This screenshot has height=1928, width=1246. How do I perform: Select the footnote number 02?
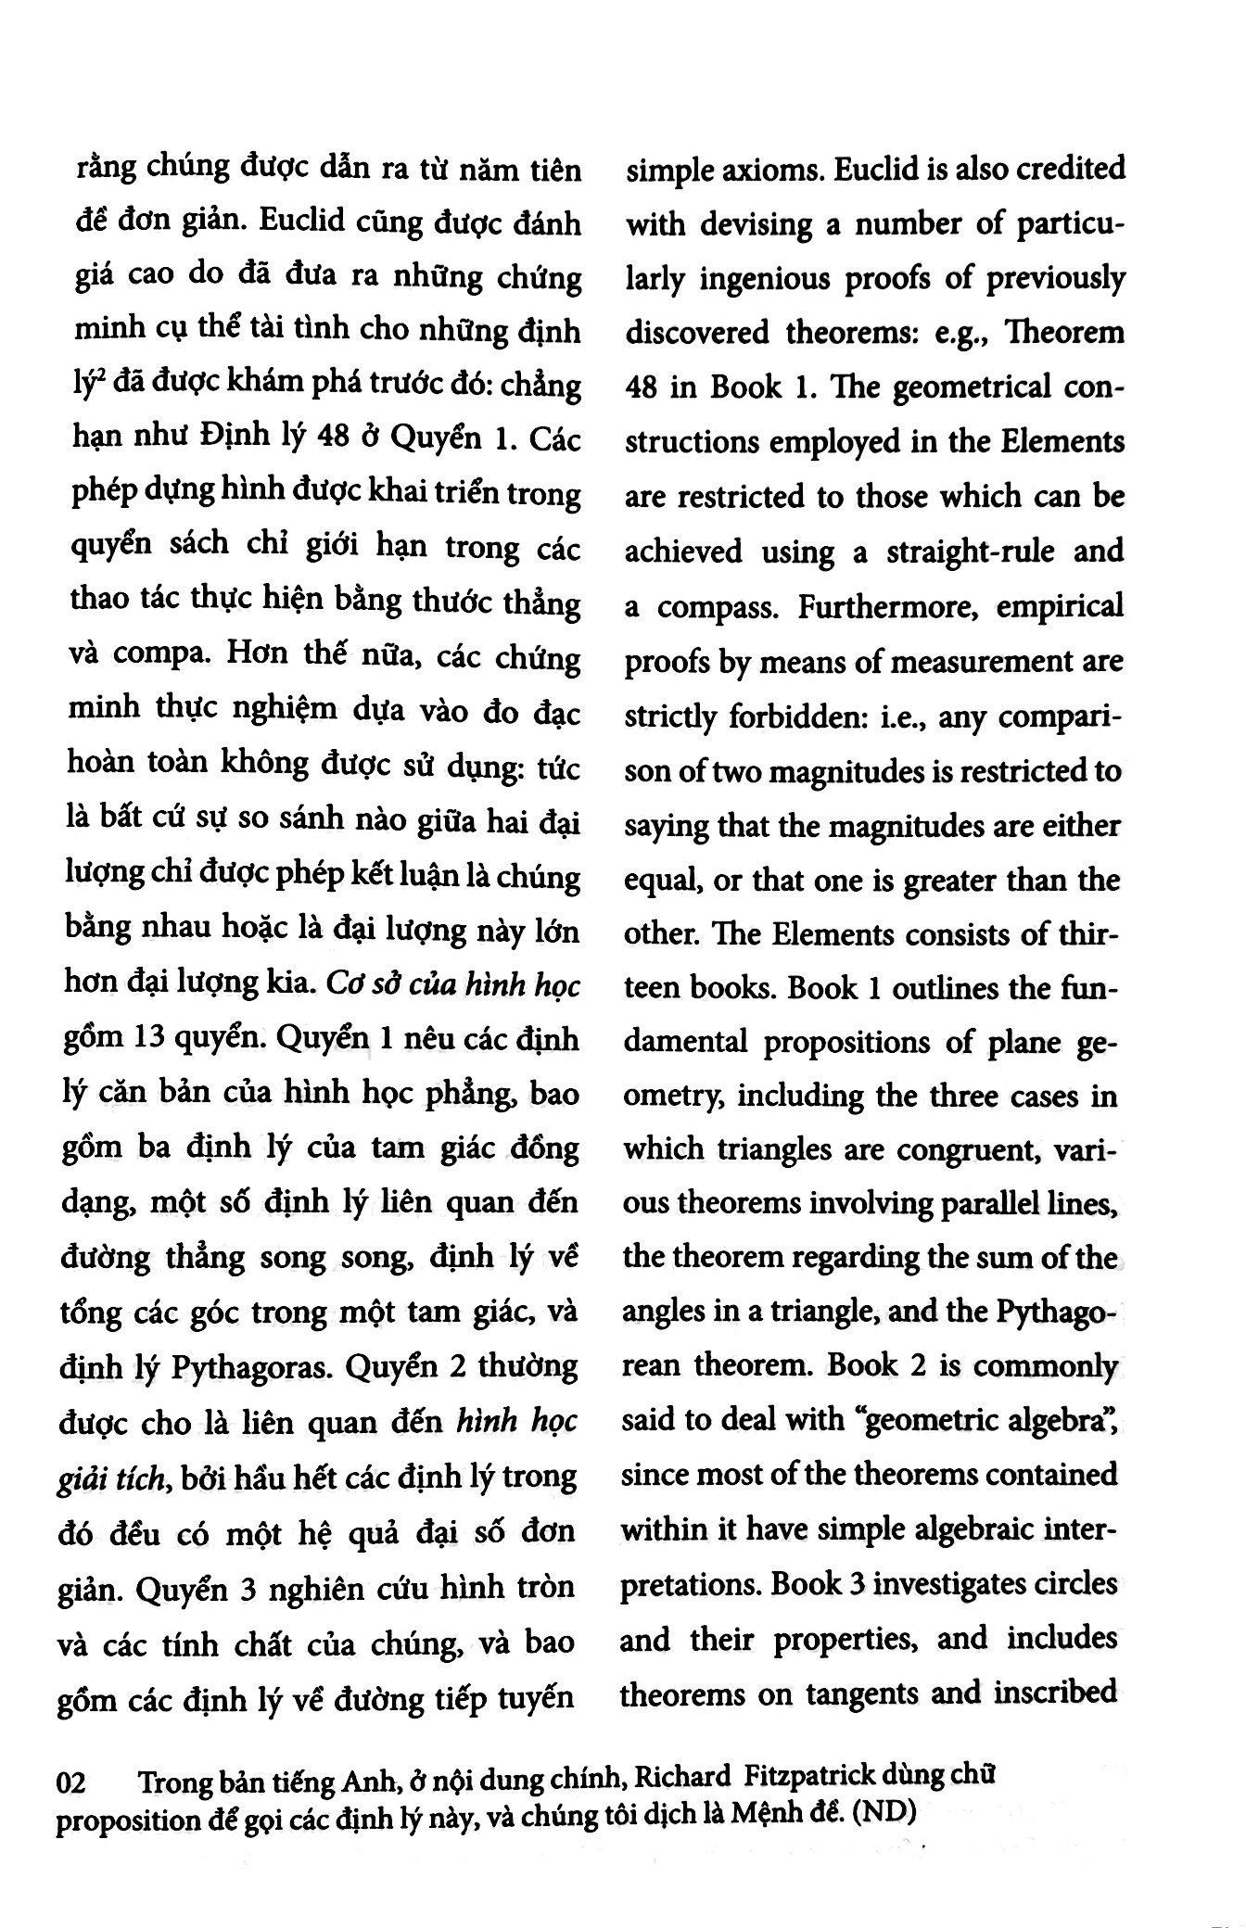[x=73, y=1782]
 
